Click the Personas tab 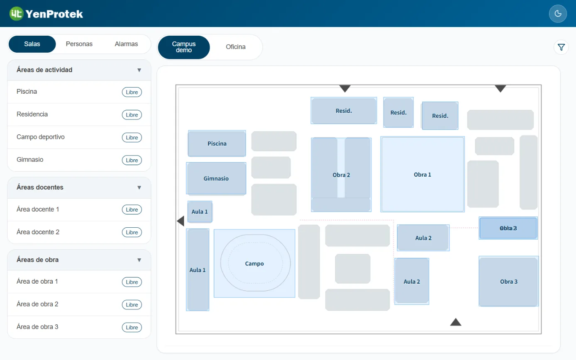[79, 44]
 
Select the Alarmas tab [126, 44]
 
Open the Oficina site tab [236, 47]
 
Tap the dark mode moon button [558, 14]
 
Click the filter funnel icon [561, 47]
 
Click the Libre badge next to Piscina [132, 92]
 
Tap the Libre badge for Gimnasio [132, 160]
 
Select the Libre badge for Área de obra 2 [132, 305]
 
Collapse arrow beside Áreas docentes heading [139, 187]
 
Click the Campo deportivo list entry [40, 137]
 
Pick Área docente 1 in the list [37, 209]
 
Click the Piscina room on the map [217, 144]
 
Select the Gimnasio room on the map [216, 178]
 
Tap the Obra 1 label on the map [422, 175]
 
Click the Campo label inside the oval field [254, 264]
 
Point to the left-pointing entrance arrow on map [181, 221]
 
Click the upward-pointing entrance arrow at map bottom [456, 322]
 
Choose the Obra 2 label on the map [341, 175]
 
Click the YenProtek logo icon [16, 14]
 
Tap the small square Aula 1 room [200, 212]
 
